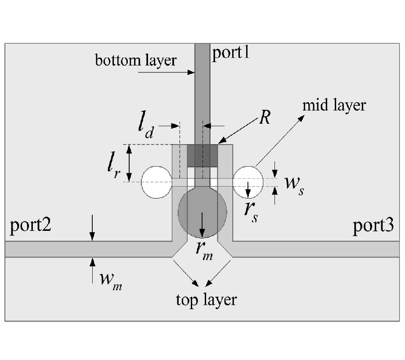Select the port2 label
pyautogui.click(x=30, y=225)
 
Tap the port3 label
pyautogui.click(x=373, y=225)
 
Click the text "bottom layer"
pyautogui.click(x=135, y=61)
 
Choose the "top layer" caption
pyautogui.click(x=206, y=299)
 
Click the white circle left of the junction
pyautogui.click(x=156, y=182)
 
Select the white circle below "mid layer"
pyautogui.click(x=247, y=182)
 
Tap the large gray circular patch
pyautogui.click(x=202, y=212)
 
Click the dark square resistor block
pyautogui.click(x=202, y=156)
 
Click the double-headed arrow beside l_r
pyautogui.click(x=129, y=162)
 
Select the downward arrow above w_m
pyautogui.click(x=92, y=227)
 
